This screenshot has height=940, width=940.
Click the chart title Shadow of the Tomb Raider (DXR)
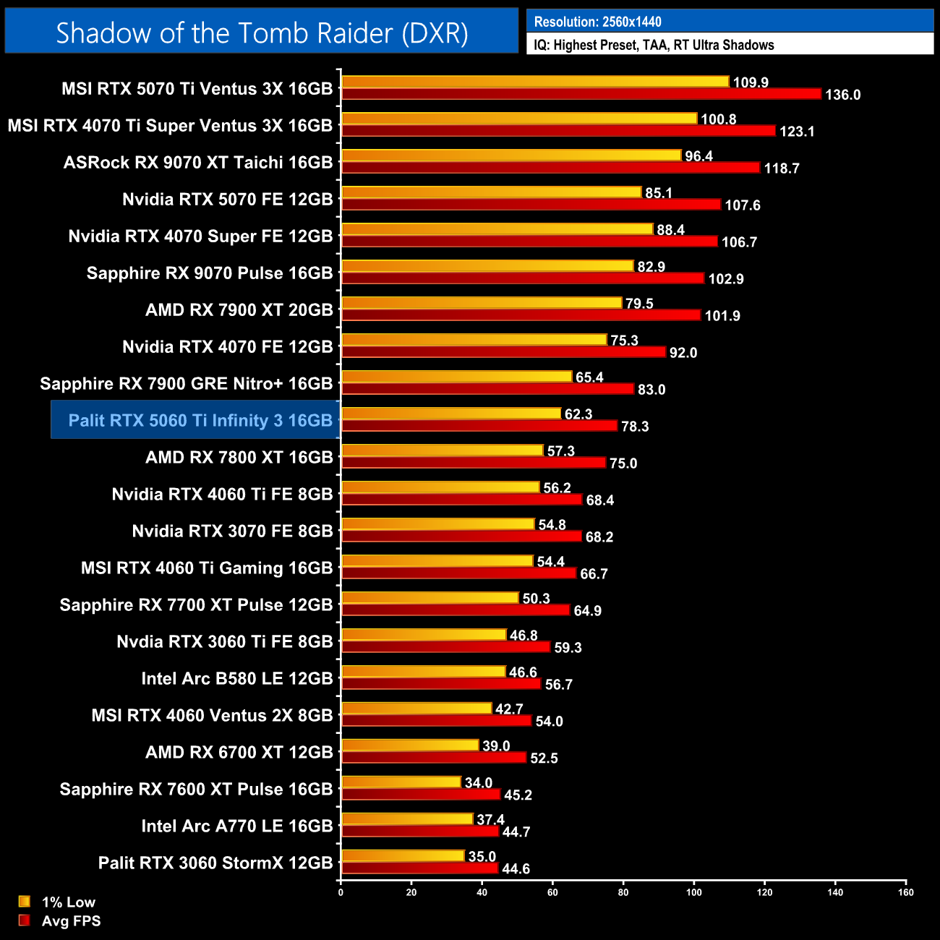click(262, 33)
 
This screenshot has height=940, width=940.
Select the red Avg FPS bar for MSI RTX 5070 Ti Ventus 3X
click(581, 94)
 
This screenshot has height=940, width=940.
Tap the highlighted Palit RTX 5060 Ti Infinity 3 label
click(200, 420)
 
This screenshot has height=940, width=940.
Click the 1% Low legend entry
click(68, 902)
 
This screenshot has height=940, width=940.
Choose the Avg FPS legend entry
click(71, 920)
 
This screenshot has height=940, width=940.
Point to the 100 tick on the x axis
click(693, 892)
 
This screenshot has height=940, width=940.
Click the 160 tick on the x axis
click(905, 892)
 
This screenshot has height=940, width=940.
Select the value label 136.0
click(842, 95)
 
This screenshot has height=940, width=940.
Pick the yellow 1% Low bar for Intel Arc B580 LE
click(423, 672)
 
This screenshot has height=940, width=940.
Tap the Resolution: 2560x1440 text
click(597, 22)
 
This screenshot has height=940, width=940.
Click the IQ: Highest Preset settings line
click(654, 45)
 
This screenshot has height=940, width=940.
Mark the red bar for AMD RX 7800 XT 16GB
click(474, 463)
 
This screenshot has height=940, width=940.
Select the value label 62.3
click(578, 414)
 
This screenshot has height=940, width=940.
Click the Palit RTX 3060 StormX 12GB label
click(215, 863)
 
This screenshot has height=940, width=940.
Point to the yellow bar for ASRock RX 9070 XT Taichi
click(511, 155)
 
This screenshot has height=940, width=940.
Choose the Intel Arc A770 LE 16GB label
click(236, 826)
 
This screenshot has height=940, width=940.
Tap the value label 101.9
click(722, 316)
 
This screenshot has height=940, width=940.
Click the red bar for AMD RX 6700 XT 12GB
click(434, 758)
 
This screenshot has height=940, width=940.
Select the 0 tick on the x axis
click(341, 892)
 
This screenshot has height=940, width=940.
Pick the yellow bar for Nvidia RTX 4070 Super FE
click(497, 229)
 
